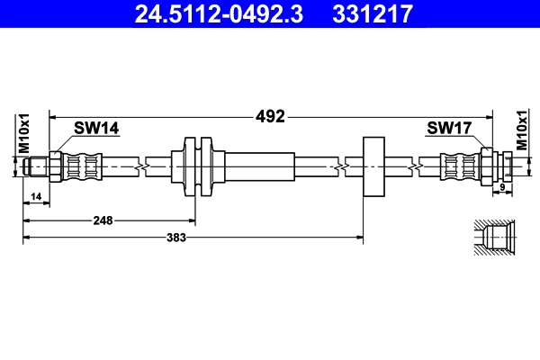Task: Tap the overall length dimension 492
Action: point(270,116)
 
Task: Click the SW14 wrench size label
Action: point(96,130)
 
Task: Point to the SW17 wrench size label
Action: point(449,130)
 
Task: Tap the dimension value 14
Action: point(36,196)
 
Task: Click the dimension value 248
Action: point(101,219)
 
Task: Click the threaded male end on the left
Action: point(38,166)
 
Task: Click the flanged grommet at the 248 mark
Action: point(195,166)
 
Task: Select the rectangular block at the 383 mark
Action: point(373,166)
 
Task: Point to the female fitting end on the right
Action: point(506,166)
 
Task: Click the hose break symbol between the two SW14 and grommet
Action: point(140,166)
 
